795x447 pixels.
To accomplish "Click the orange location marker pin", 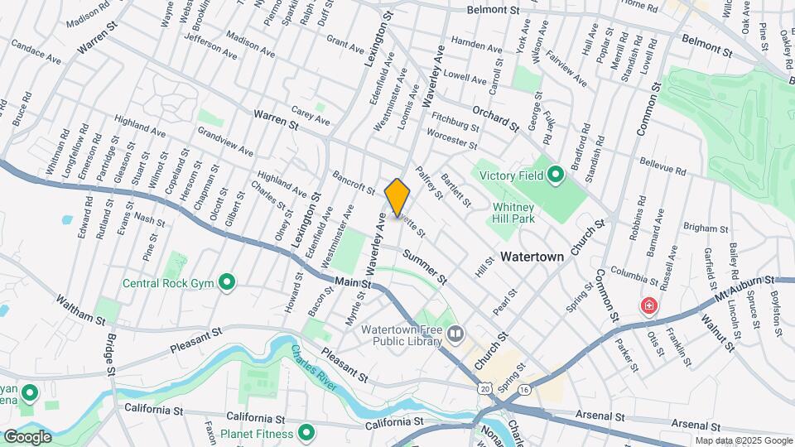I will click(397, 197).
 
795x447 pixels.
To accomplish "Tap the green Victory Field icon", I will click(555, 175).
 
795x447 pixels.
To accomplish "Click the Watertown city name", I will click(532, 257).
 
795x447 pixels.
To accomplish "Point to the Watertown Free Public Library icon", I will click(455, 334).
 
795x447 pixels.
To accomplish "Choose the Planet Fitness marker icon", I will click(306, 433).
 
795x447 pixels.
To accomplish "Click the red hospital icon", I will click(648, 306).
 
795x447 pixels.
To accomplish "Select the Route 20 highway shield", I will click(485, 387).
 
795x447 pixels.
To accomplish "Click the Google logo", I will click(27, 436).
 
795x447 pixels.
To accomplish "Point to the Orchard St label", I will click(495, 118).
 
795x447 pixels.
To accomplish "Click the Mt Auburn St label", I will click(746, 288).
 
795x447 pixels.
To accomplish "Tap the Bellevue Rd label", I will click(663, 166).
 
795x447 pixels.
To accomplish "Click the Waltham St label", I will click(81, 309).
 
